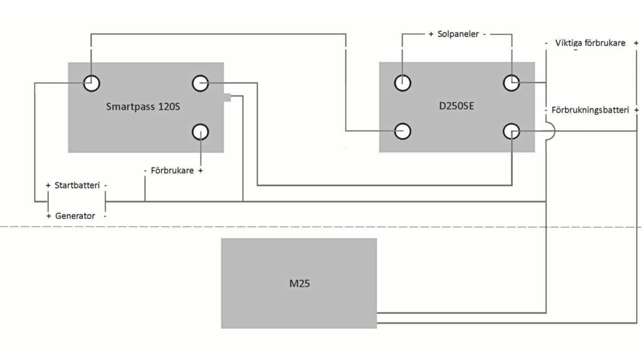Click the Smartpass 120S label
[x=143, y=107]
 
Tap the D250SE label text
[x=457, y=106]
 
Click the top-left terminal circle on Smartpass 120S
[x=92, y=82]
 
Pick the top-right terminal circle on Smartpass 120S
[x=200, y=82]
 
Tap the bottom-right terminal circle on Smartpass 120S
[x=200, y=132]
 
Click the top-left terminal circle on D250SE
[x=403, y=82]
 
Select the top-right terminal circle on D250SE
[x=512, y=82]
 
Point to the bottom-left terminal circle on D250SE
[x=403, y=130]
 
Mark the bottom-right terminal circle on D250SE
[x=512, y=130]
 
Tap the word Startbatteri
[x=77, y=186]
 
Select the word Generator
[x=75, y=216]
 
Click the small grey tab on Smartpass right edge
[x=228, y=97]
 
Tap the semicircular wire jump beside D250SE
[x=550, y=131]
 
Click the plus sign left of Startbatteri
[x=48, y=186]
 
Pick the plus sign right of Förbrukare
[x=200, y=171]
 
